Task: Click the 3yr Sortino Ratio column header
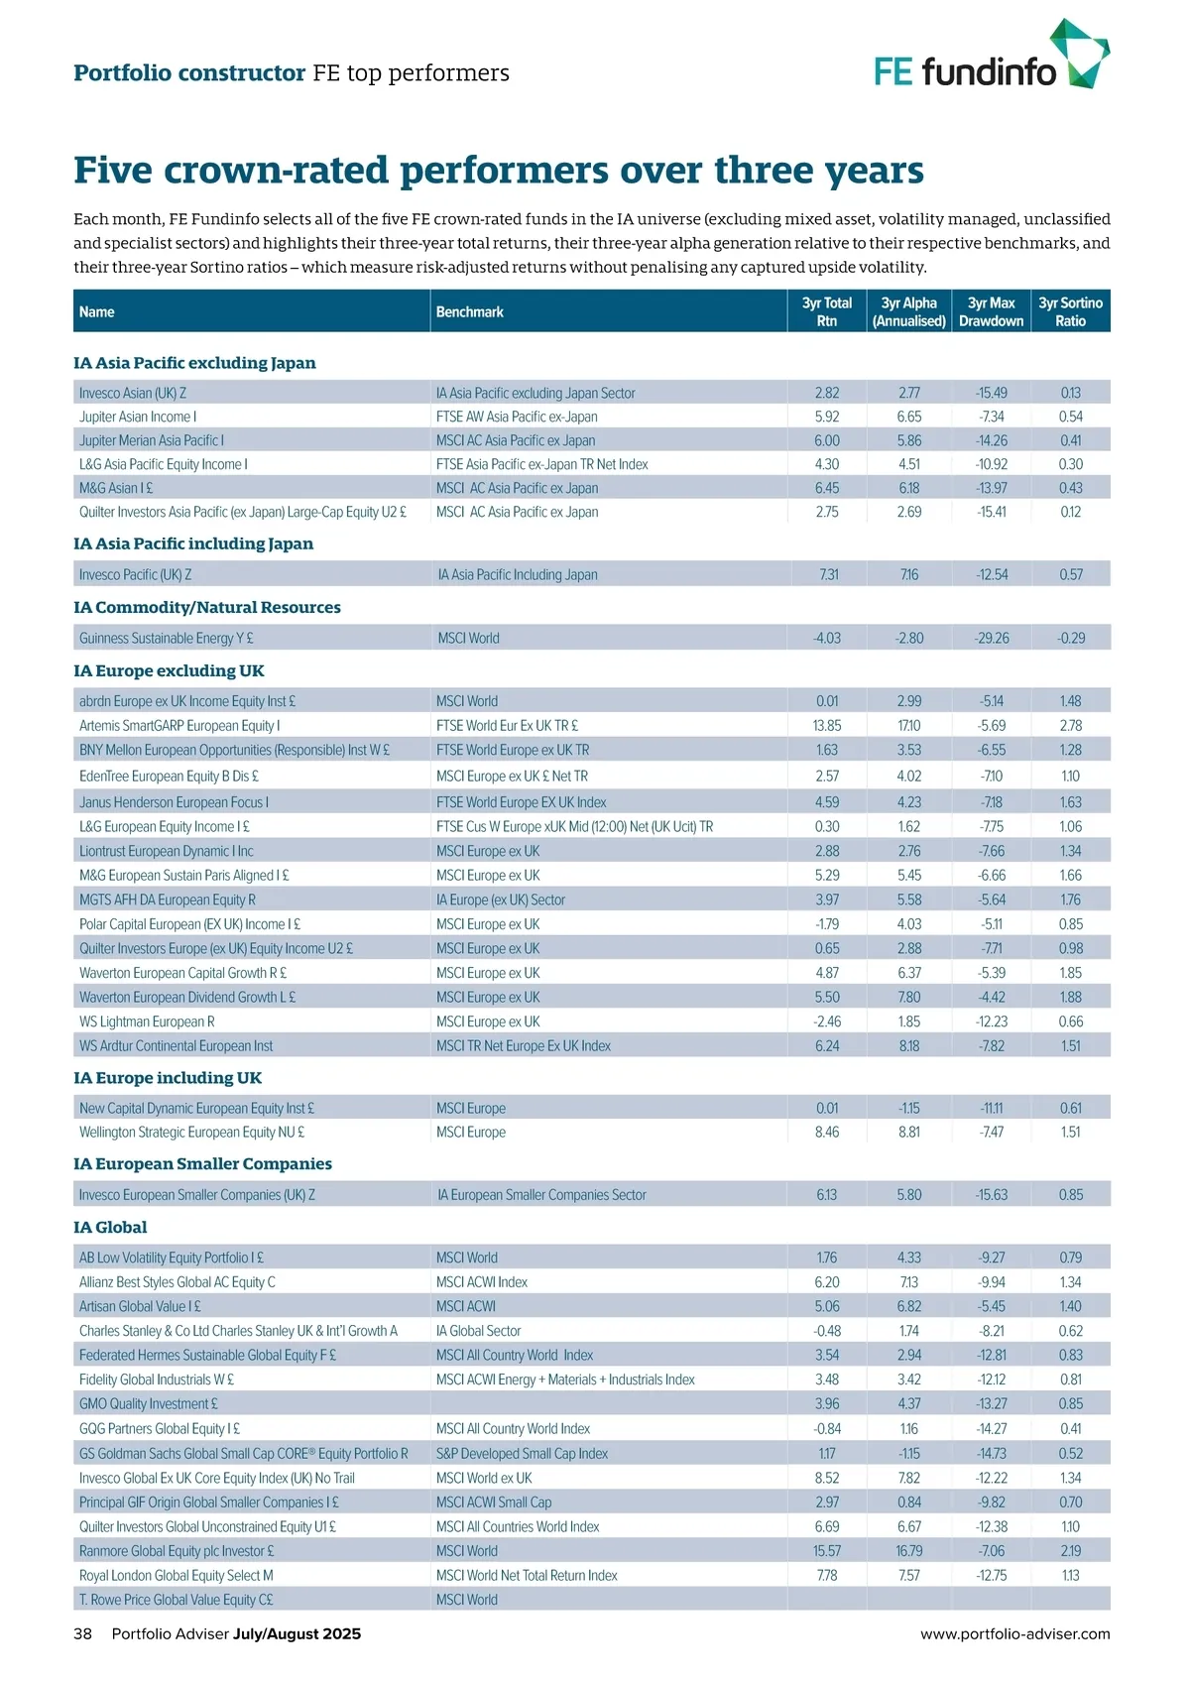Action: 1070,311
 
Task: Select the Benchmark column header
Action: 470,311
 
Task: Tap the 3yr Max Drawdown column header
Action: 991,311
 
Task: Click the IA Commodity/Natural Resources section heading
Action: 206,607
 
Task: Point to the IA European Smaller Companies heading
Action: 202,1163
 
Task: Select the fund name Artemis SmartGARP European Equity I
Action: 179,725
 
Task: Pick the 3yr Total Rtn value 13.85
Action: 827,725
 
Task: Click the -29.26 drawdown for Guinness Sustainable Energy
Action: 992,638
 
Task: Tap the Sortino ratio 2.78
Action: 1070,725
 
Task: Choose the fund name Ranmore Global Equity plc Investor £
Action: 177,1550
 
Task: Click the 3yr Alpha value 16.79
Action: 909,1550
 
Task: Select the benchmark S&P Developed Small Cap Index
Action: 522,1453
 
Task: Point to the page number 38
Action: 82,1633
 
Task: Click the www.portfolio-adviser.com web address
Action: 1014,1633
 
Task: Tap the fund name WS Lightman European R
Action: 147,1021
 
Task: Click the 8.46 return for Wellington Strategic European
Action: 827,1132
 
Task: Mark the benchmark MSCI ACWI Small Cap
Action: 494,1502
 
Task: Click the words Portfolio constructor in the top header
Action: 189,72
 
